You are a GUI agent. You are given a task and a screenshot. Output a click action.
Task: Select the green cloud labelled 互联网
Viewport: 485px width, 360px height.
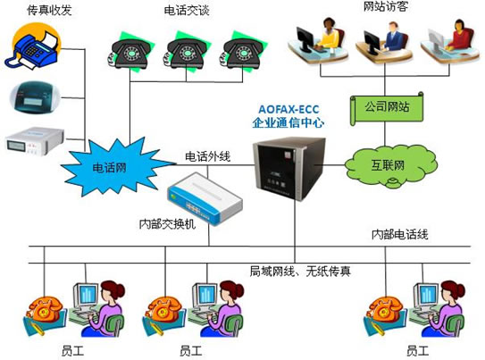point(390,167)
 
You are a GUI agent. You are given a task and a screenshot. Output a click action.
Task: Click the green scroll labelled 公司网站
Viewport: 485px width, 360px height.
point(387,108)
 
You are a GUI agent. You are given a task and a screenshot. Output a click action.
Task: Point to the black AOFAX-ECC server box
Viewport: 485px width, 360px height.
point(289,168)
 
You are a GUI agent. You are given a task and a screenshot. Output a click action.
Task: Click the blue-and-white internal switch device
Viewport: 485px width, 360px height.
point(205,198)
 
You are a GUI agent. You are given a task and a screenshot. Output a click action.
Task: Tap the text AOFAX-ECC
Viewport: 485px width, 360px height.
point(288,110)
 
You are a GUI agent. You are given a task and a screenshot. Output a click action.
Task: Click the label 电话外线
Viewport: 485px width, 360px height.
point(207,157)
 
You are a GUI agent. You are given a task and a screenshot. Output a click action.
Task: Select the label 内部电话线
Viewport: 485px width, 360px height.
point(399,234)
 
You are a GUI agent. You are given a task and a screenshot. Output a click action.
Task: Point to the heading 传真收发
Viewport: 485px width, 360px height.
point(49,10)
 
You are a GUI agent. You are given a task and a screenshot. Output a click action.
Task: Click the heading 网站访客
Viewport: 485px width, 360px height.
point(385,6)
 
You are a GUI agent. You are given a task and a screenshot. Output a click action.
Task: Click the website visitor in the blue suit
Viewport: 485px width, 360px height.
point(396,37)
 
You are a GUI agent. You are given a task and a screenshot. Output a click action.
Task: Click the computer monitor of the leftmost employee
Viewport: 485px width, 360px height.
point(86,296)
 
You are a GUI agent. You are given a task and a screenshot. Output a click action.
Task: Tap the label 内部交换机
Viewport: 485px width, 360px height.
point(167,224)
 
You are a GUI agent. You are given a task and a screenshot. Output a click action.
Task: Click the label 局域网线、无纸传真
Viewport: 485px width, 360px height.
point(300,272)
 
